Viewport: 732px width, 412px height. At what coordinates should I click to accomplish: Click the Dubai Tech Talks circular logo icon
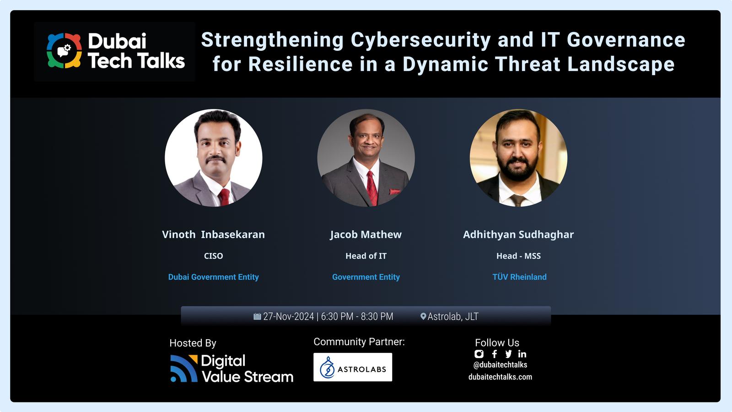[x=64, y=51]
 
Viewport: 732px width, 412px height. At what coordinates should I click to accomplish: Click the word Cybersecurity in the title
[x=421, y=40]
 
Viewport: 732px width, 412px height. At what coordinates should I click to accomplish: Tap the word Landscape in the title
[x=621, y=64]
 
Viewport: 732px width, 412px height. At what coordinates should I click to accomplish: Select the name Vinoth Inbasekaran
[x=213, y=234]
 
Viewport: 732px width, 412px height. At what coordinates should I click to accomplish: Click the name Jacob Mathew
[x=366, y=235]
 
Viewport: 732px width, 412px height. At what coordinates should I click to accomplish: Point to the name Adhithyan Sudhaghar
[x=518, y=235]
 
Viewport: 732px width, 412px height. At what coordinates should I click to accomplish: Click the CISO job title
[x=213, y=256]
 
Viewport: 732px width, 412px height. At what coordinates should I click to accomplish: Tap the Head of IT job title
[x=366, y=256]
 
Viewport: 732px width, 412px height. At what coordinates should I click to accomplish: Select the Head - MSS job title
[x=519, y=256]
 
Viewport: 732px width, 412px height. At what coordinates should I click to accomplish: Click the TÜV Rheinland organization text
[x=519, y=277]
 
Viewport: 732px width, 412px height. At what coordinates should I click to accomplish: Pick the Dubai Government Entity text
[x=213, y=277]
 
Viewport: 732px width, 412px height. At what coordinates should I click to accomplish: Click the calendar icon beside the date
[x=257, y=316]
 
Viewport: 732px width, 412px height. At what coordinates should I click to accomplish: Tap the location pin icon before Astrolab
[x=423, y=316]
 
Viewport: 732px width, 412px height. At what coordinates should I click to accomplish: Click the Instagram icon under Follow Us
[x=479, y=354]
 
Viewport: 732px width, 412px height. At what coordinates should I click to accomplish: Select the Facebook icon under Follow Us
[x=495, y=354]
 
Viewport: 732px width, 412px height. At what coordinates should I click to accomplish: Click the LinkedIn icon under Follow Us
[x=522, y=354]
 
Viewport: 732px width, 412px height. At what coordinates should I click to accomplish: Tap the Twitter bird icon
[x=508, y=354]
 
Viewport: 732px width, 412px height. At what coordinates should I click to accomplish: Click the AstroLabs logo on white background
[x=353, y=367]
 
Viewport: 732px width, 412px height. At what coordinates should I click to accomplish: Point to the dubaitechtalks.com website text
[x=500, y=377]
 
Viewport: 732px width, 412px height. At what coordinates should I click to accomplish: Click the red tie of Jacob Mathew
[x=371, y=188]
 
